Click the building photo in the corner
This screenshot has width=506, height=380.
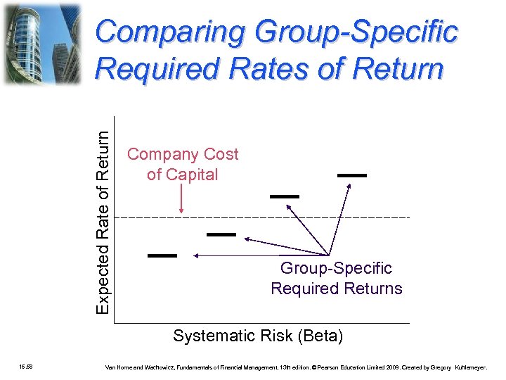pyautogui.click(x=42, y=44)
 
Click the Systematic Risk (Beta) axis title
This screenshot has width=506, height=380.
pyautogui.click(x=258, y=336)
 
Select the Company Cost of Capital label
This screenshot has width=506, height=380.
pyautogui.click(x=182, y=164)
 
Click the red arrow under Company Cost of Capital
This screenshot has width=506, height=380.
pyautogui.click(x=182, y=201)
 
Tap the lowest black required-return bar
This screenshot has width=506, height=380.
pyautogui.click(x=162, y=255)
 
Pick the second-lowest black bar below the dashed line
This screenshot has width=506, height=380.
pyautogui.click(x=221, y=234)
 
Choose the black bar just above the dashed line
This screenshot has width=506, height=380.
pyautogui.click(x=285, y=196)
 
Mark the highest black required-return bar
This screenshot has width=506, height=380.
pyautogui.click(x=352, y=175)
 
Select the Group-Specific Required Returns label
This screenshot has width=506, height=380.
pyautogui.click(x=337, y=279)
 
